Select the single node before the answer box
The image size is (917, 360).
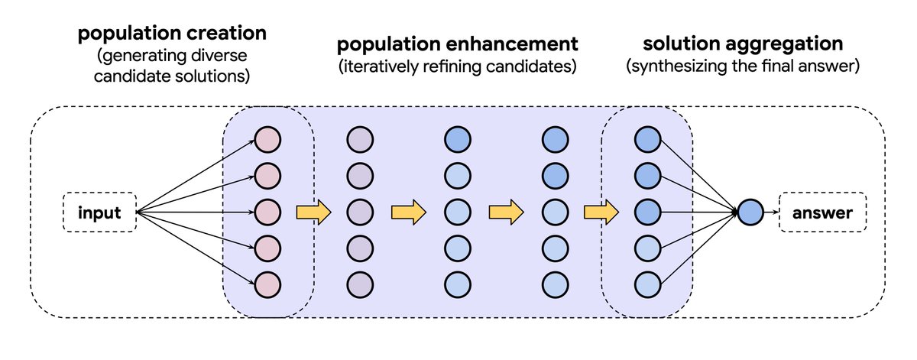coord(750,212)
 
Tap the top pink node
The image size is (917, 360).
coord(268,140)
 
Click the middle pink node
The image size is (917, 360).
coord(268,212)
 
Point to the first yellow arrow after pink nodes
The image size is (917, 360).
coord(313,212)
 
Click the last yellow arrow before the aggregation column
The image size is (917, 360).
coord(602,212)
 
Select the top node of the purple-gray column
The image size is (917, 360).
coord(360,140)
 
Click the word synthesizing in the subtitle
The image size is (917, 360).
coord(673,67)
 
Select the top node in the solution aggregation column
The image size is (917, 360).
coord(648,140)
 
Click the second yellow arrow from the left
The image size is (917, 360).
coord(408,212)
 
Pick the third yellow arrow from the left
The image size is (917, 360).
coord(506,212)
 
